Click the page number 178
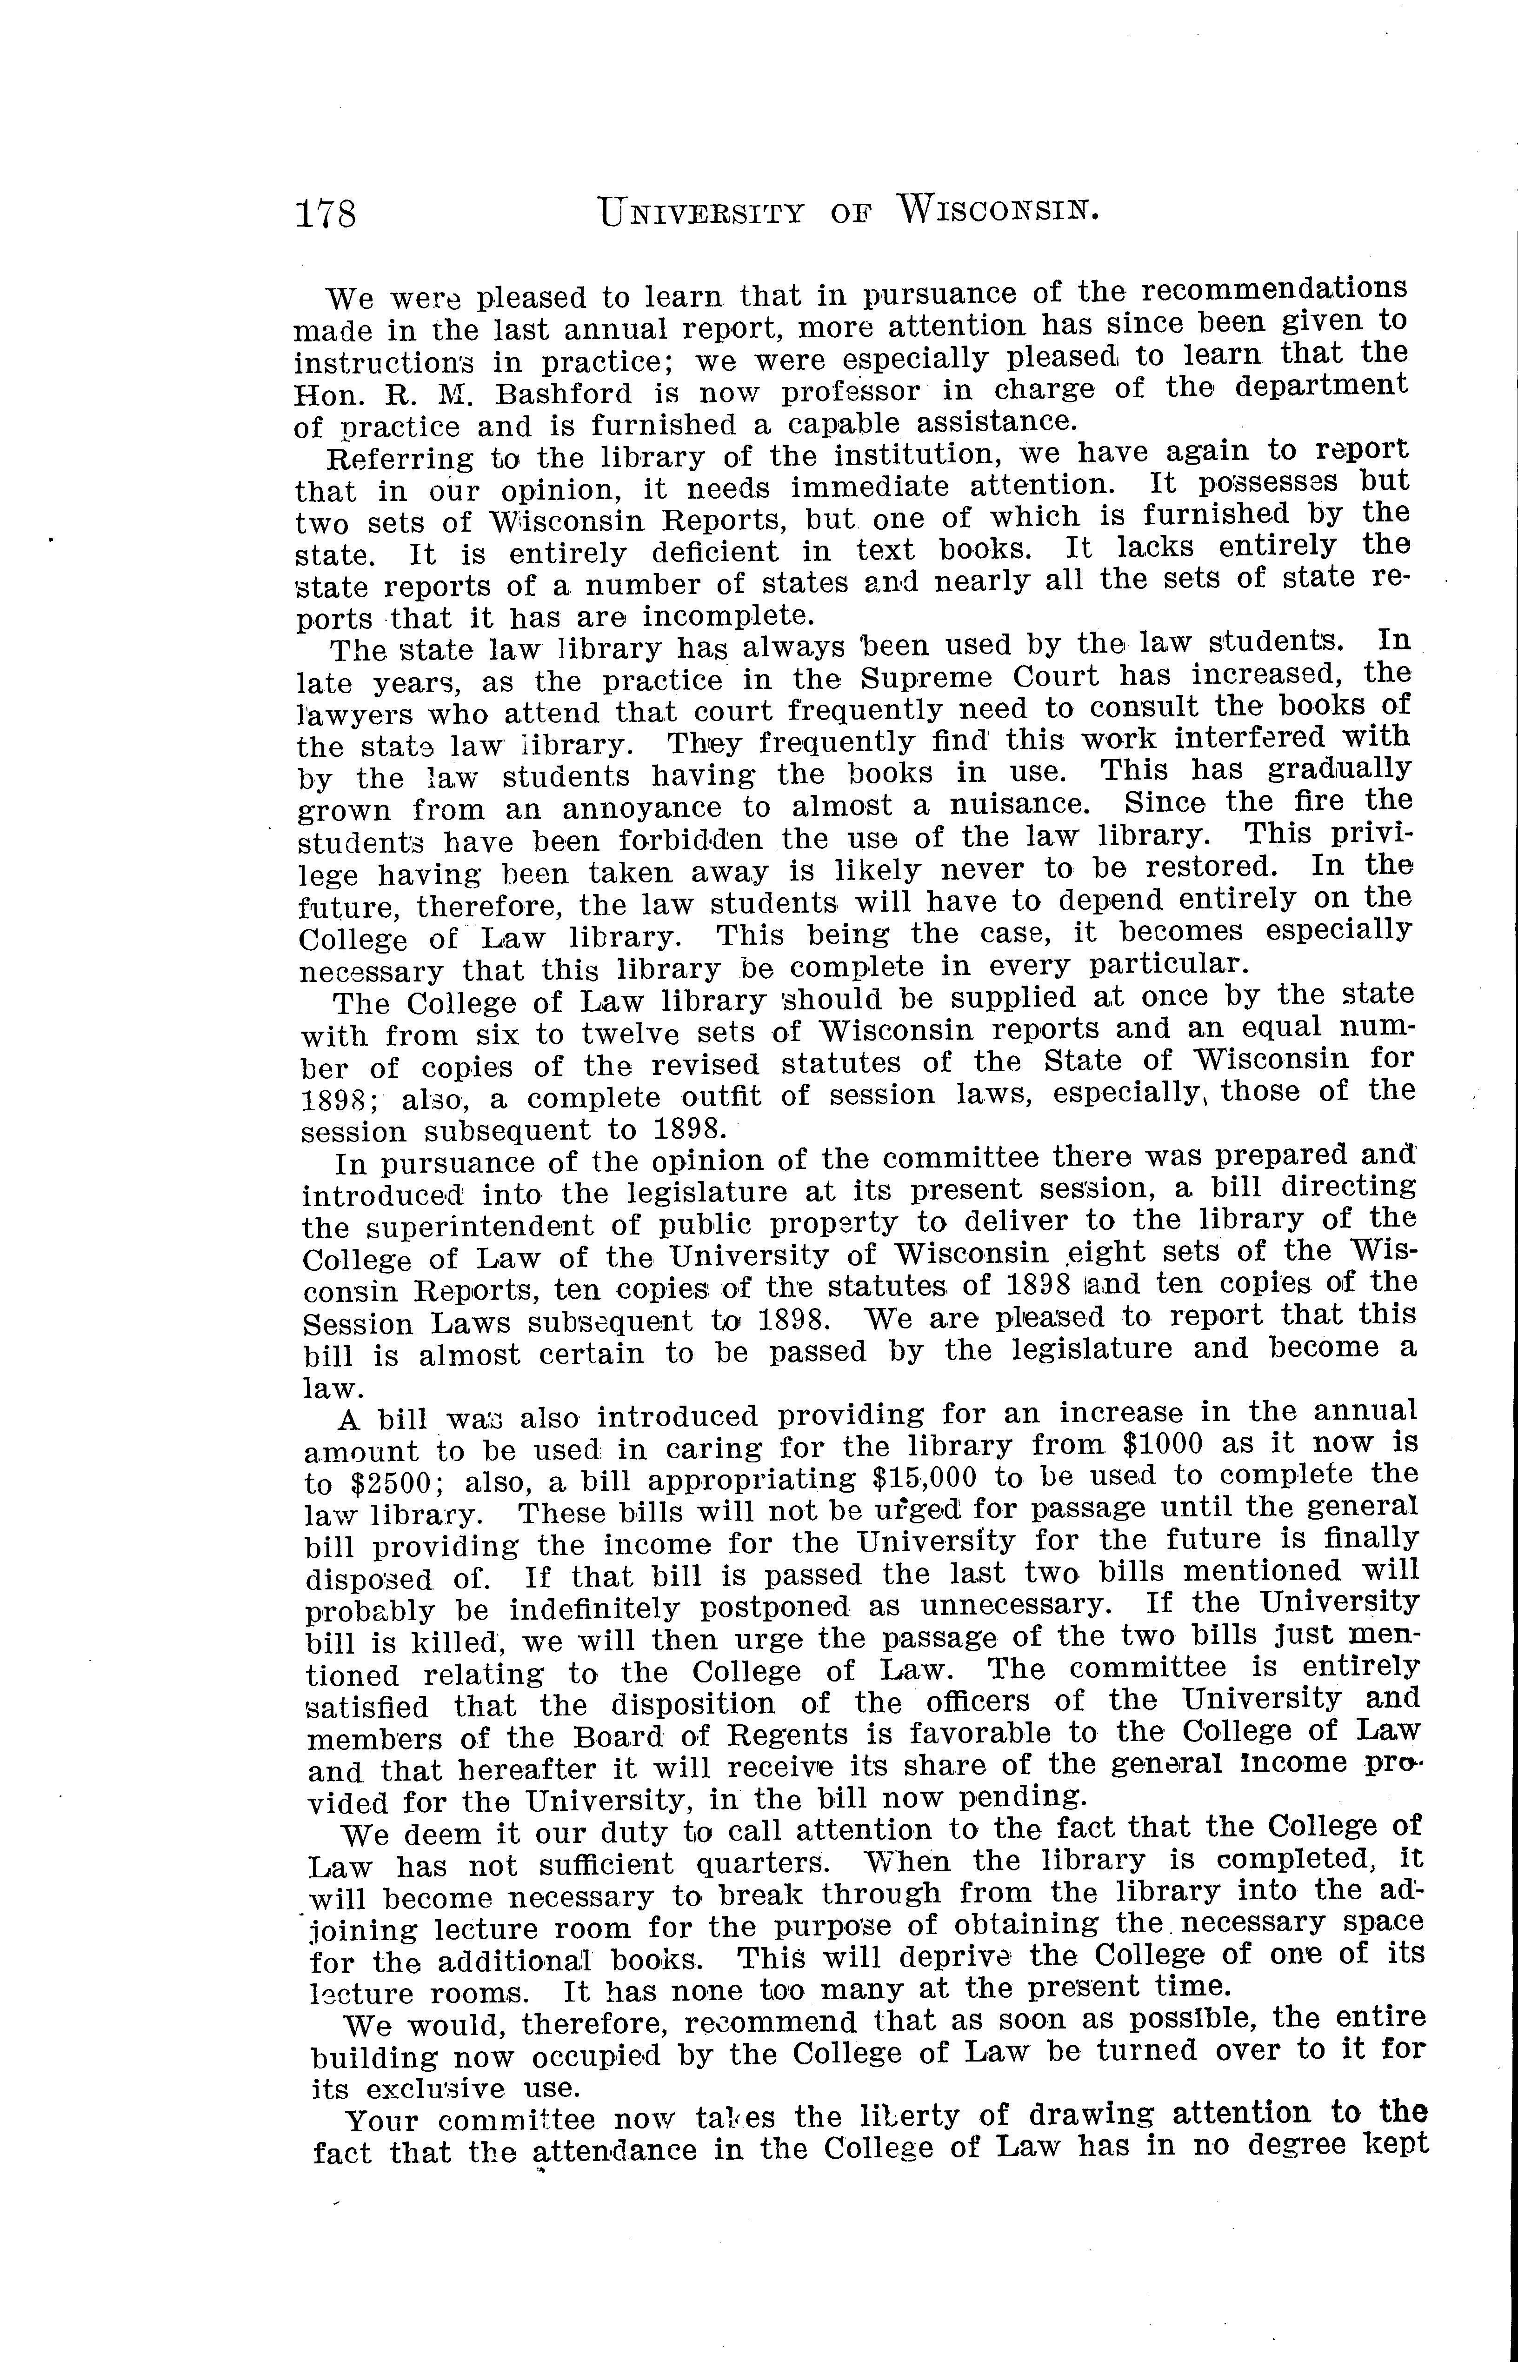tap(325, 213)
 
